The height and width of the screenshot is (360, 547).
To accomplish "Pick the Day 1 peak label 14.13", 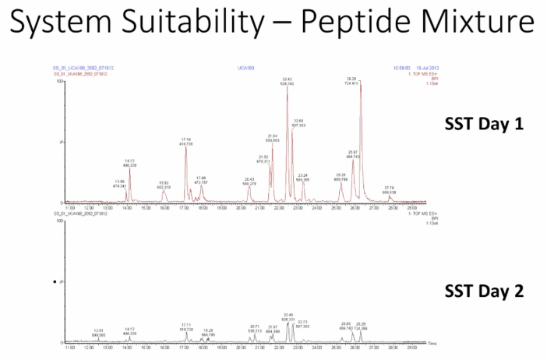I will point(129,163).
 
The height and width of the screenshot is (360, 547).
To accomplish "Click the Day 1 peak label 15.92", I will point(164,184).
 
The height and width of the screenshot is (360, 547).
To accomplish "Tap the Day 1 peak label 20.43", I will point(249,181).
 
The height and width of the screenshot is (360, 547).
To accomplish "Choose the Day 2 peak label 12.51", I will point(98,332).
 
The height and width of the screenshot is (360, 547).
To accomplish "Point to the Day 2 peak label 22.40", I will point(288,316).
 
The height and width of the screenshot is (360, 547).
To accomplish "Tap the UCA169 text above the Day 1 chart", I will point(244,69).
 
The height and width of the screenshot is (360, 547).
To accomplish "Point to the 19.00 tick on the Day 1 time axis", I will point(221,208).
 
